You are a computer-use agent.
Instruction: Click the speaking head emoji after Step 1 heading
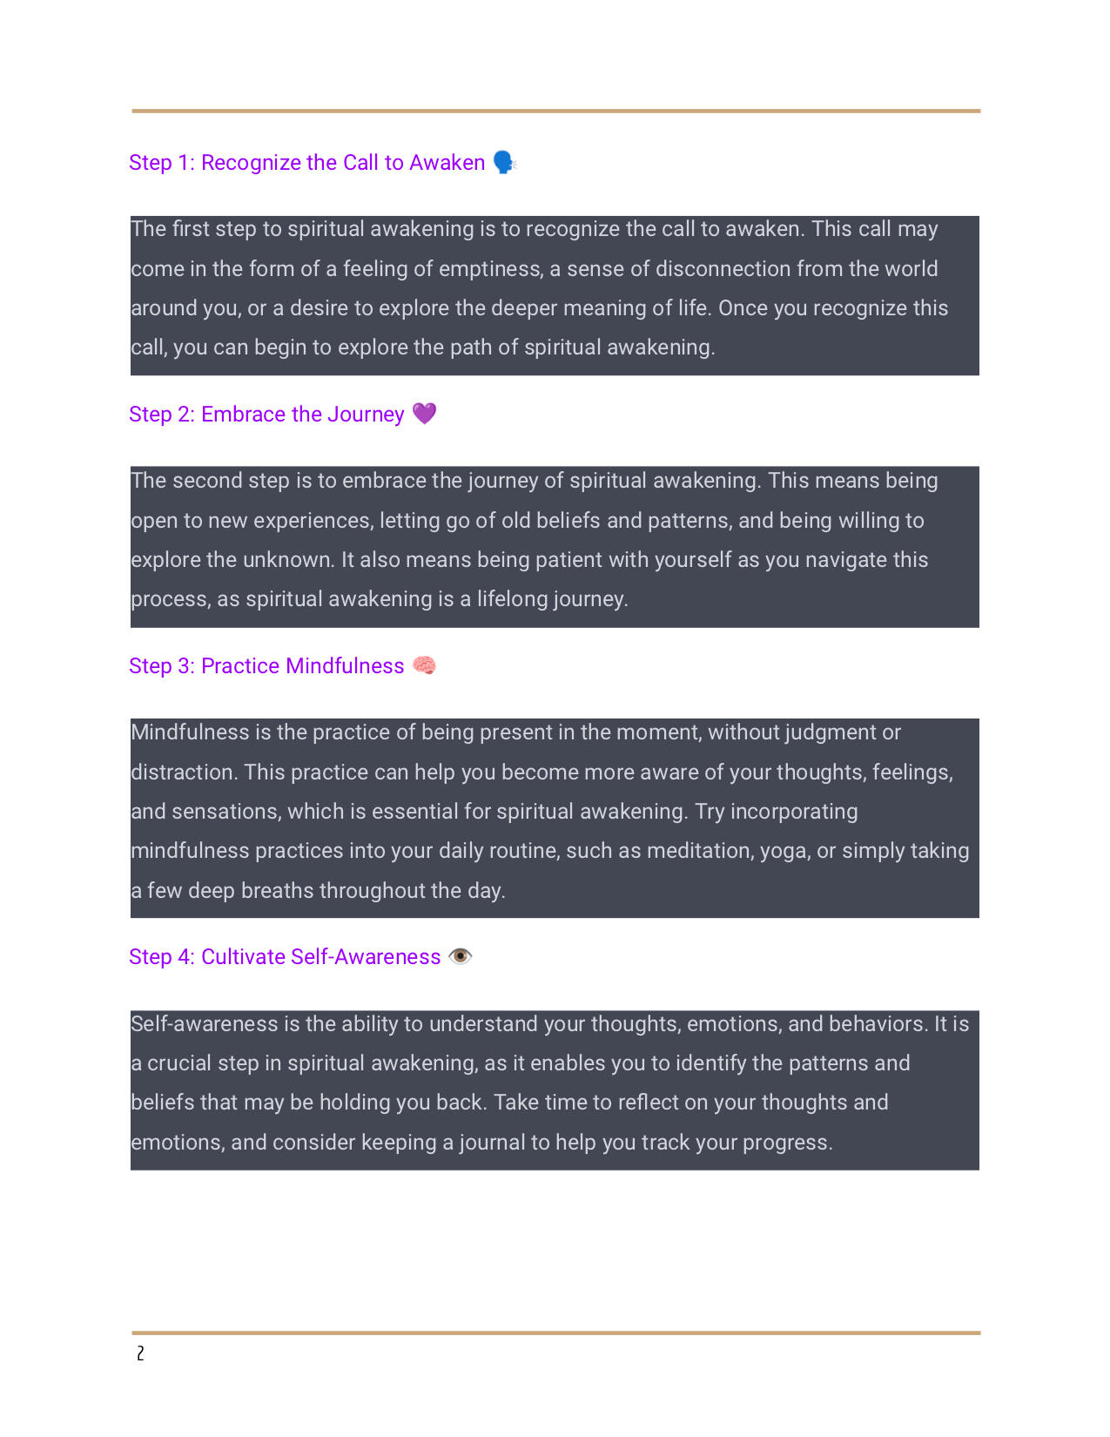504,163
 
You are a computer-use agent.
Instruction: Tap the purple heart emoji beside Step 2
424,414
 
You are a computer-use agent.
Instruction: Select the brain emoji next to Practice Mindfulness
424,665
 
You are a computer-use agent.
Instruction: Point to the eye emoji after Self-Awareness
461,956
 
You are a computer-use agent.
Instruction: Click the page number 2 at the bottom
140,1353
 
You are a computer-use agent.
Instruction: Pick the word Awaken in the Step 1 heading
447,163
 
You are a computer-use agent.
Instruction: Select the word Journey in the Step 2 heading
366,415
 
